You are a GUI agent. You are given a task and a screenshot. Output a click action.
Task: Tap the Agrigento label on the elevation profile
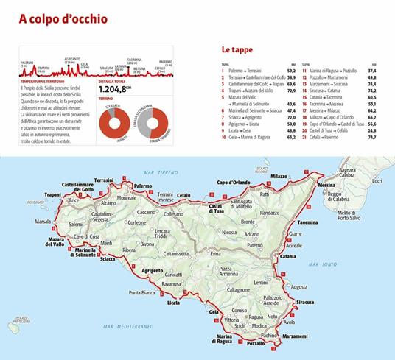(72, 57)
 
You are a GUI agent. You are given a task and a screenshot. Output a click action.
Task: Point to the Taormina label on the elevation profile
(134, 59)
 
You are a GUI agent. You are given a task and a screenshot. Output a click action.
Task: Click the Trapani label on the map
(52, 195)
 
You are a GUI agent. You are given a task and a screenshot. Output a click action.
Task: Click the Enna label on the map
(215, 252)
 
